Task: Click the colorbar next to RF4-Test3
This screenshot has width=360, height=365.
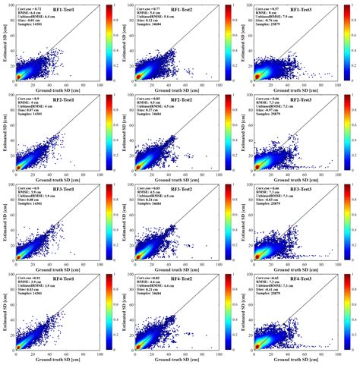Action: coord(346,312)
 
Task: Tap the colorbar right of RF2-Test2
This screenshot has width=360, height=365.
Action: coord(227,131)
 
